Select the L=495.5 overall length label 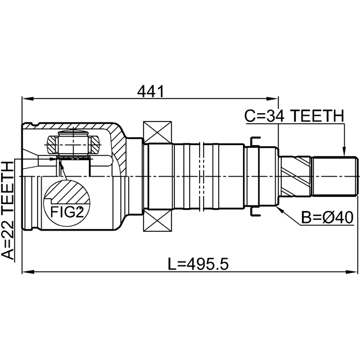pyautogui.click(x=199, y=263)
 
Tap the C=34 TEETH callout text pyautogui.click(x=294, y=116)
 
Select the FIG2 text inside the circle pyautogui.click(x=67, y=211)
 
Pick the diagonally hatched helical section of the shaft pyautogui.click(x=296, y=176)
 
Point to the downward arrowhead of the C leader pyautogui.click(x=343, y=151)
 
